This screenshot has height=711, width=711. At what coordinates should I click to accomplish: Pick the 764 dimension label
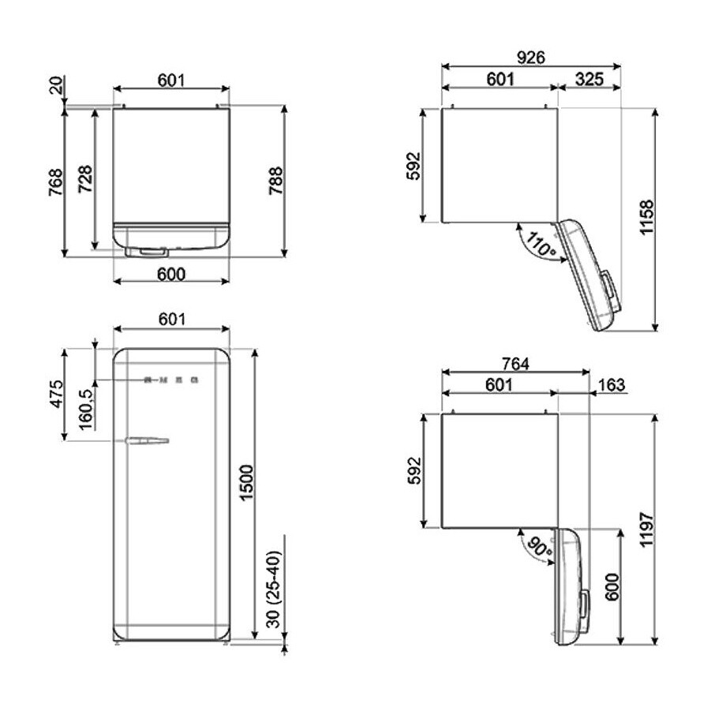pyautogui.click(x=514, y=364)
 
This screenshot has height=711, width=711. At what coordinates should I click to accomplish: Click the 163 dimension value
pyautogui.click(x=612, y=385)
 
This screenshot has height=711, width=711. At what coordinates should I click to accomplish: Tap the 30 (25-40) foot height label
pyautogui.click(x=273, y=590)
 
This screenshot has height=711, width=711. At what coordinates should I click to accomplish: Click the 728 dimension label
pyautogui.click(x=86, y=179)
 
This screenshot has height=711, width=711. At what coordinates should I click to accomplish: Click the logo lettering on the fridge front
pyautogui.click(x=171, y=380)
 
